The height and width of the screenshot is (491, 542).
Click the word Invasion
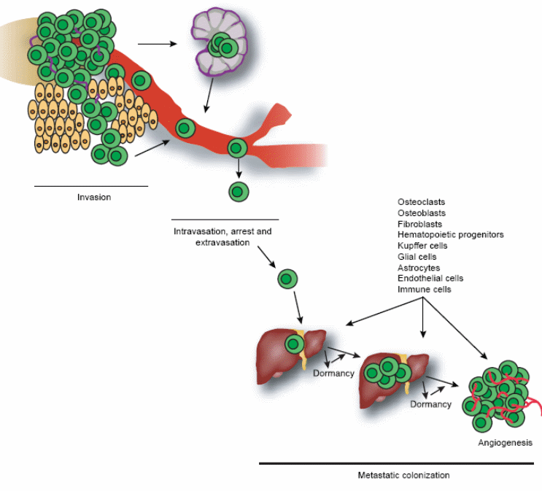click(94, 197)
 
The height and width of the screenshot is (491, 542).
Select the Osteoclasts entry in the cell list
click(421, 202)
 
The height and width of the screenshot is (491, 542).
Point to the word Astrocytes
click(419, 268)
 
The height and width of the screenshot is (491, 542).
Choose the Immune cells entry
click(425, 290)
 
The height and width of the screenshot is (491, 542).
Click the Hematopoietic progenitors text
click(450, 235)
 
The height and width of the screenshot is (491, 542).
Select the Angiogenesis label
click(505, 443)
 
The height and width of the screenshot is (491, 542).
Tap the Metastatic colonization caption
click(403, 475)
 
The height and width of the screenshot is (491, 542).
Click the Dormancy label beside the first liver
click(333, 374)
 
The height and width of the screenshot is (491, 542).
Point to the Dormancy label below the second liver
click(430, 404)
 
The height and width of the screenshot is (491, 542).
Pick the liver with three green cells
click(391, 375)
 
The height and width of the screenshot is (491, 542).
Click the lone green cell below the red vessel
click(239, 192)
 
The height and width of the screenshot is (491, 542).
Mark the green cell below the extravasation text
click(287, 278)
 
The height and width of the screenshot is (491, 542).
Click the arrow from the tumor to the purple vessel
click(158, 44)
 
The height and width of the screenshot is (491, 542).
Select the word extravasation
click(222, 242)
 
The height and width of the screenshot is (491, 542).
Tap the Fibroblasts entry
click(419, 224)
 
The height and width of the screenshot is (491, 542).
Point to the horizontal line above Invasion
click(91, 186)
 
